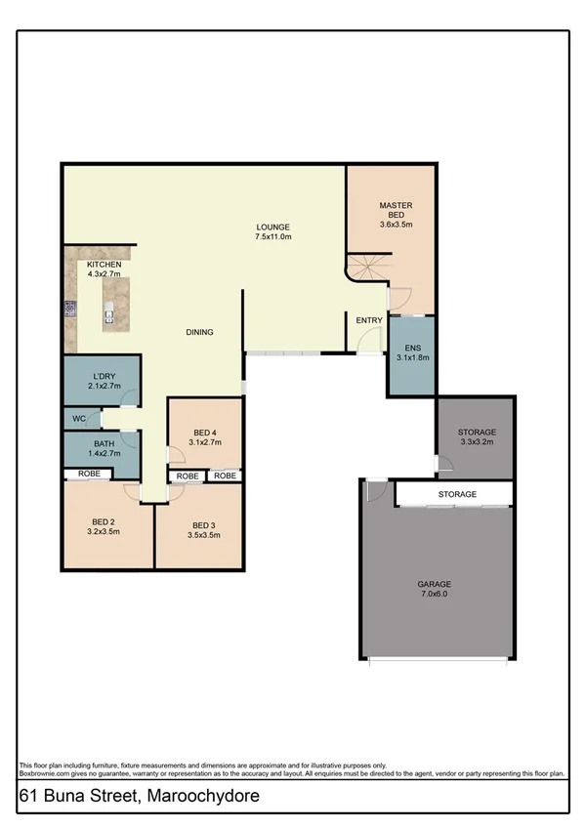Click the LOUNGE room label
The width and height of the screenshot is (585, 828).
273,227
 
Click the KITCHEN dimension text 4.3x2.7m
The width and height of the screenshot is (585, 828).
103,275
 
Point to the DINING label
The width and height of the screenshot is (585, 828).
199,332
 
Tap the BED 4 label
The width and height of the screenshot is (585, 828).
205,433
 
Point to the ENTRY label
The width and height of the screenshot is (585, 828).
369,320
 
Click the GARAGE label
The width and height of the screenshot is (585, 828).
435,583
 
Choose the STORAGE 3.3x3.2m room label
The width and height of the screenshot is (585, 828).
478,432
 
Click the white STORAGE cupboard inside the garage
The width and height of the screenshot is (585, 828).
455,495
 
